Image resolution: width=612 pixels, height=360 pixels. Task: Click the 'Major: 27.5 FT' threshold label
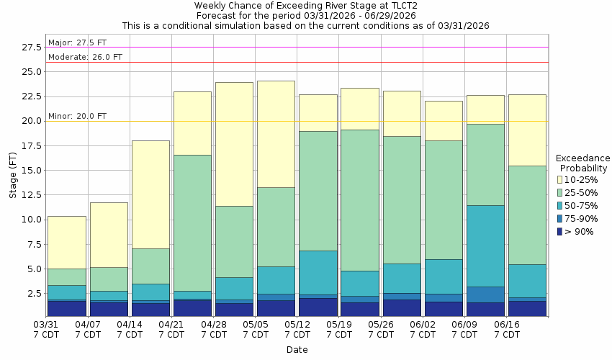[77, 42]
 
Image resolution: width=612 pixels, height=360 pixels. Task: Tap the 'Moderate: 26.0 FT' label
[85, 57]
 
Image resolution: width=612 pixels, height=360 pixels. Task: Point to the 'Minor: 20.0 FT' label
[77, 116]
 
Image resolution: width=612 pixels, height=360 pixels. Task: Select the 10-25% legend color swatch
[559, 179]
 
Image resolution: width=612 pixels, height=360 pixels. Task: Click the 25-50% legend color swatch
[559, 192]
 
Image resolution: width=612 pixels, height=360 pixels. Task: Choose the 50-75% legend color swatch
[559, 205]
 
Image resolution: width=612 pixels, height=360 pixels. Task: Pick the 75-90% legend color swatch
[559, 218]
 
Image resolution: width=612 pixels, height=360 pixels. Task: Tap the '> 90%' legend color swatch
[559, 231]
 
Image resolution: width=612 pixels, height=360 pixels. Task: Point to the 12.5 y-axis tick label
[31, 171]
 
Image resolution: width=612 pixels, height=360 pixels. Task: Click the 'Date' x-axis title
[297, 350]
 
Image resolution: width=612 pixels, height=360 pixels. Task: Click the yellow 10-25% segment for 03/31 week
[67, 242]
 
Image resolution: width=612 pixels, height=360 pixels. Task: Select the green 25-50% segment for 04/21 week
[192, 222]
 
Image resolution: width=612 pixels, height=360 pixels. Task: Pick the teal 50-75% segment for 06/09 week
[485, 246]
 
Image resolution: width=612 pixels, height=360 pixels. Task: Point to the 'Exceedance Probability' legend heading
[582, 163]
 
